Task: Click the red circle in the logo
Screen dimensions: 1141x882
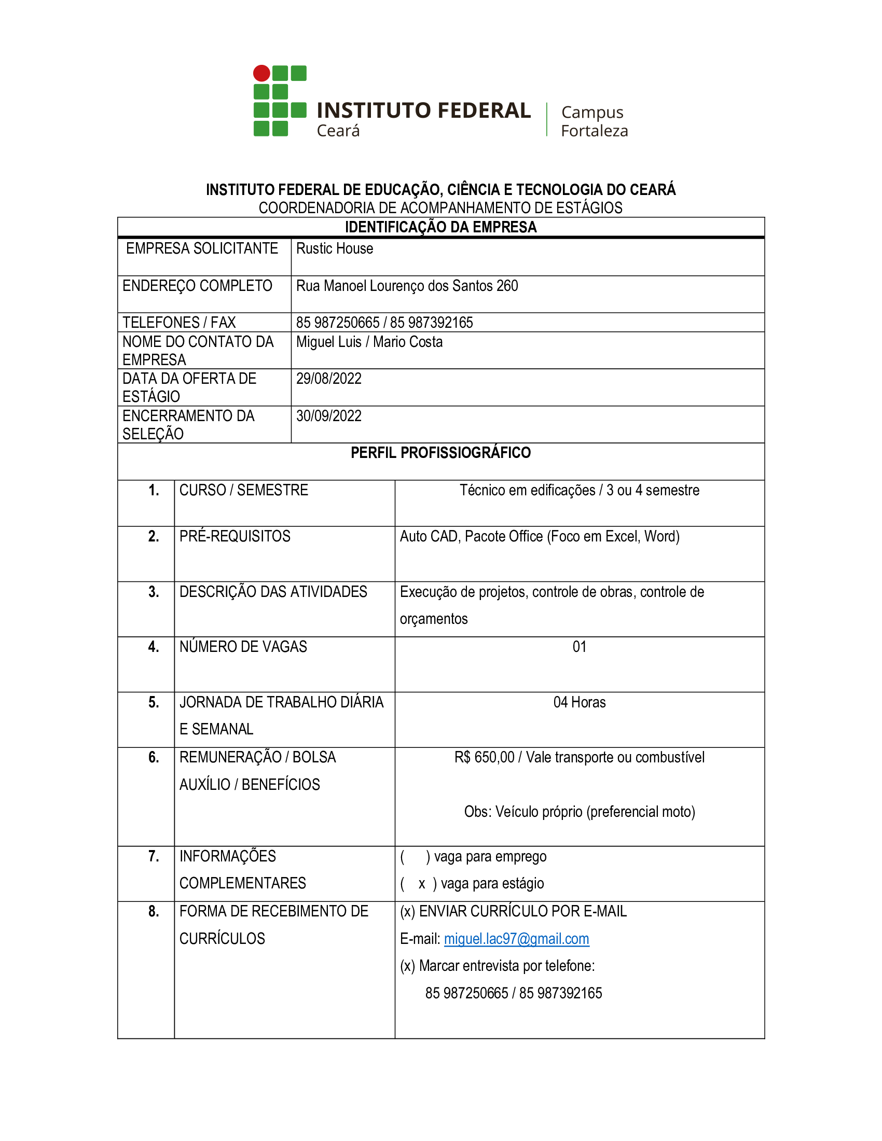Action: coord(261,73)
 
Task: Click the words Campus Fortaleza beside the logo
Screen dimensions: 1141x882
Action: coord(594,121)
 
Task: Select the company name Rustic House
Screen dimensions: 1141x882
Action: coord(335,248)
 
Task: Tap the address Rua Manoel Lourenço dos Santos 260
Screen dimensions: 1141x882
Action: coord(407,286)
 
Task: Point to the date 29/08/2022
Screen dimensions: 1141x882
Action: coord(328,378)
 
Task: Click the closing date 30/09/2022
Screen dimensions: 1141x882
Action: coord(328,416)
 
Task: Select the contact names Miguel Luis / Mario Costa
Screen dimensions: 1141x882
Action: coord(369,342)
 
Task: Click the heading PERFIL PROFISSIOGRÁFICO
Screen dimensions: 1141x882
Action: coord(440,452)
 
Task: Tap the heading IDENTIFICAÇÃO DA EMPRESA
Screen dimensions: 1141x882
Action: coord(440,227)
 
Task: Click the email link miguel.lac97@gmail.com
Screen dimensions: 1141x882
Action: coord(516,939)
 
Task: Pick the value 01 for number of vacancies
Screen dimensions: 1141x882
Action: coord(579,647)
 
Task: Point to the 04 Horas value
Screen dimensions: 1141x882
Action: coord(579,702)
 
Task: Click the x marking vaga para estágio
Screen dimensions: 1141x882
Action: coord(422,884)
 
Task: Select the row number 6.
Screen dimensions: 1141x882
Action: coord(154,757)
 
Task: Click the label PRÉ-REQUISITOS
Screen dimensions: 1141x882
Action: coord(235,536)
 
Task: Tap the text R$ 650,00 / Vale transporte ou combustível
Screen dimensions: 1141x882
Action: coord(579,757)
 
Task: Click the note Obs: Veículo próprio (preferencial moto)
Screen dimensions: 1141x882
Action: coord(579,811)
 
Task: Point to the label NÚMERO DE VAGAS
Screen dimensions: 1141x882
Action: coord(243,647)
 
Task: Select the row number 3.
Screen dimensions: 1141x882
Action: coord(154,591)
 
